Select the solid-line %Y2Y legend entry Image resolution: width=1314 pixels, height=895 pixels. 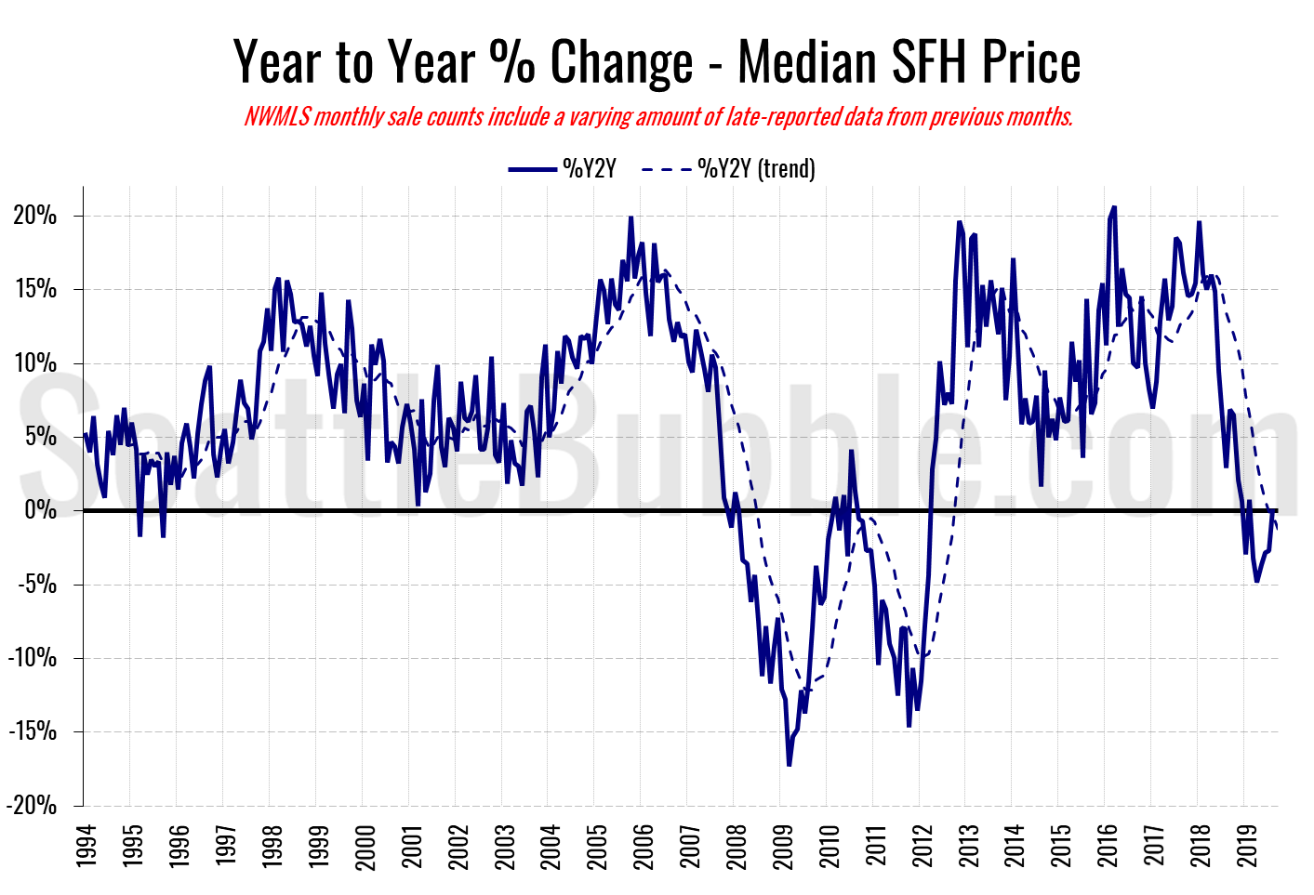(x=562, y=169)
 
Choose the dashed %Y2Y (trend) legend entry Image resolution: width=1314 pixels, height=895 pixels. (x=728, y=169)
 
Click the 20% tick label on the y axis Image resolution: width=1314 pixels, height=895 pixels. (x=35, y=217)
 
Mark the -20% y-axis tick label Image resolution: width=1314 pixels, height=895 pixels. (x=32, y=806)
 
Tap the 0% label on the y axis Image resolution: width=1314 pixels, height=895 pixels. (x=41, y=510)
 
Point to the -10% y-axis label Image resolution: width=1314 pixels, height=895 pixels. (x=32, y=658)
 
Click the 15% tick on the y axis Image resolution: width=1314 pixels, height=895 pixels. (x=35, y=290)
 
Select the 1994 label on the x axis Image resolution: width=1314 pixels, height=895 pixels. (x=86, y=845)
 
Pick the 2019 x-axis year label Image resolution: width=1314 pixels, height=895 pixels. (x=1246, y=845)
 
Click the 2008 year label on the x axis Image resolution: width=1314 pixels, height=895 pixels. (x=736, y=845)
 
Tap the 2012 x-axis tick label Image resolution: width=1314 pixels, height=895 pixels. (x=922, y=845)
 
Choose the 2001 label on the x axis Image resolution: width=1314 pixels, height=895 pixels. (x=411, y=845)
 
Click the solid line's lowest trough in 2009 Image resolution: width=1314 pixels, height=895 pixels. (x=789, y=765)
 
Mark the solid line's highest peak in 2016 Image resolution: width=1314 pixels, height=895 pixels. (x=1114, y=207)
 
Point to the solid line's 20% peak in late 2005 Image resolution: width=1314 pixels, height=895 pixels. (x=630, y=217)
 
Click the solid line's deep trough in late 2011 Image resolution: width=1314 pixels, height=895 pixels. (x=909, y=726)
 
